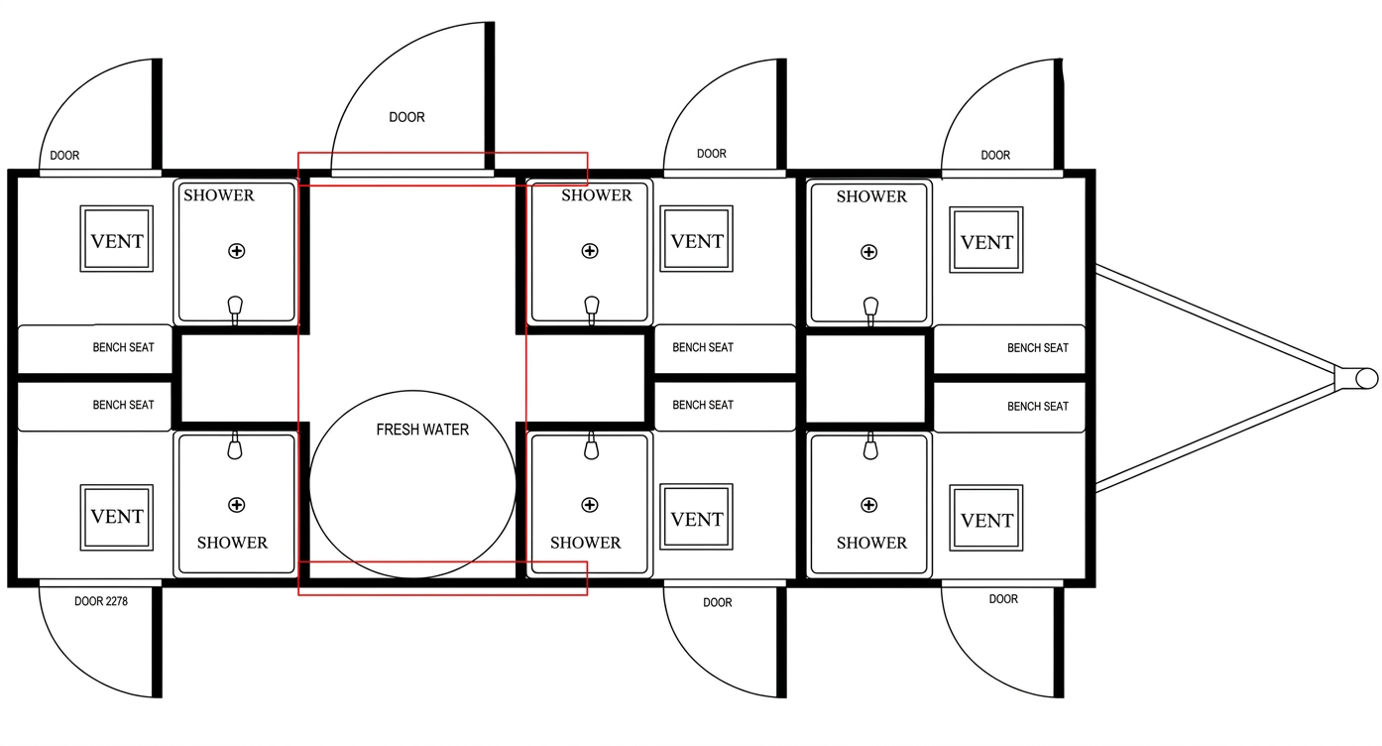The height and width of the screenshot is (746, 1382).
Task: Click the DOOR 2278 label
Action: click(101, 601)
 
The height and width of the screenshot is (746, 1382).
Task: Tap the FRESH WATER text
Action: click(422, 430)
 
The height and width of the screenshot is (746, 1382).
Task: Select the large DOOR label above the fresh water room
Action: click(406, 117)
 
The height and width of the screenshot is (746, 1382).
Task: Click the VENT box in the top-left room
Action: click(117, 240)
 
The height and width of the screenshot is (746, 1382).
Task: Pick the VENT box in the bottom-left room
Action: click(117, 516)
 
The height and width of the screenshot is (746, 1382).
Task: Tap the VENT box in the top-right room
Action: click(986, 241)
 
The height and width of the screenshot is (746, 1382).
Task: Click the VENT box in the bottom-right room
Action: click(986, 519)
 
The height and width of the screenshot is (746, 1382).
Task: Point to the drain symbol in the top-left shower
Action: click(236, 251)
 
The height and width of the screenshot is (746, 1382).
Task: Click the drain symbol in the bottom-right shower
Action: click(869, 506)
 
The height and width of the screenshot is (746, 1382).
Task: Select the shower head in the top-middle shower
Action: click(592, 308)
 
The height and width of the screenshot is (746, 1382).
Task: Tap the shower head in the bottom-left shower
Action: click(235, 446)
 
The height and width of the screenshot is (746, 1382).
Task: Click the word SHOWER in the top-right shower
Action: click(871, 196)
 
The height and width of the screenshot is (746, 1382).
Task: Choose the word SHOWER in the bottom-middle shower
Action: click(585, 543)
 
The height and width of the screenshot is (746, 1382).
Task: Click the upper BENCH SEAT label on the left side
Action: click(123, 347)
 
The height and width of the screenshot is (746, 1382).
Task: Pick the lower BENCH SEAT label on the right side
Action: click(1037, 406)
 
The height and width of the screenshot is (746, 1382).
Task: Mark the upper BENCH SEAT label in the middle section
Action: click(703, 347)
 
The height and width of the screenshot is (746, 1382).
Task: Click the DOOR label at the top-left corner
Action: click(64, 156)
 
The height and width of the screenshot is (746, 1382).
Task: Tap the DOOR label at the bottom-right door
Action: click(1003, 599)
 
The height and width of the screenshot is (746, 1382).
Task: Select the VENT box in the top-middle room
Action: click(697, 240)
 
